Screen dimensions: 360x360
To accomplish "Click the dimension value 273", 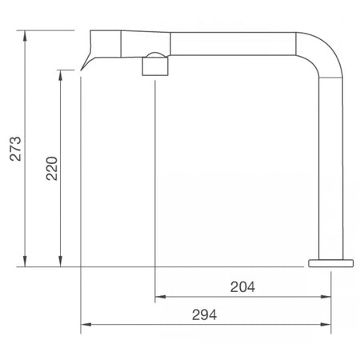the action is [15, 149].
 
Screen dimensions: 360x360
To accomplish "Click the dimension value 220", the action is [52, 169].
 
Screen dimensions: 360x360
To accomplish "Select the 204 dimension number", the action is [242, 287].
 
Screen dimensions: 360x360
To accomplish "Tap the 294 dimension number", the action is [205, 315].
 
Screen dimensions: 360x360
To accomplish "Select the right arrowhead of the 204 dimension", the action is [326, 297].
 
